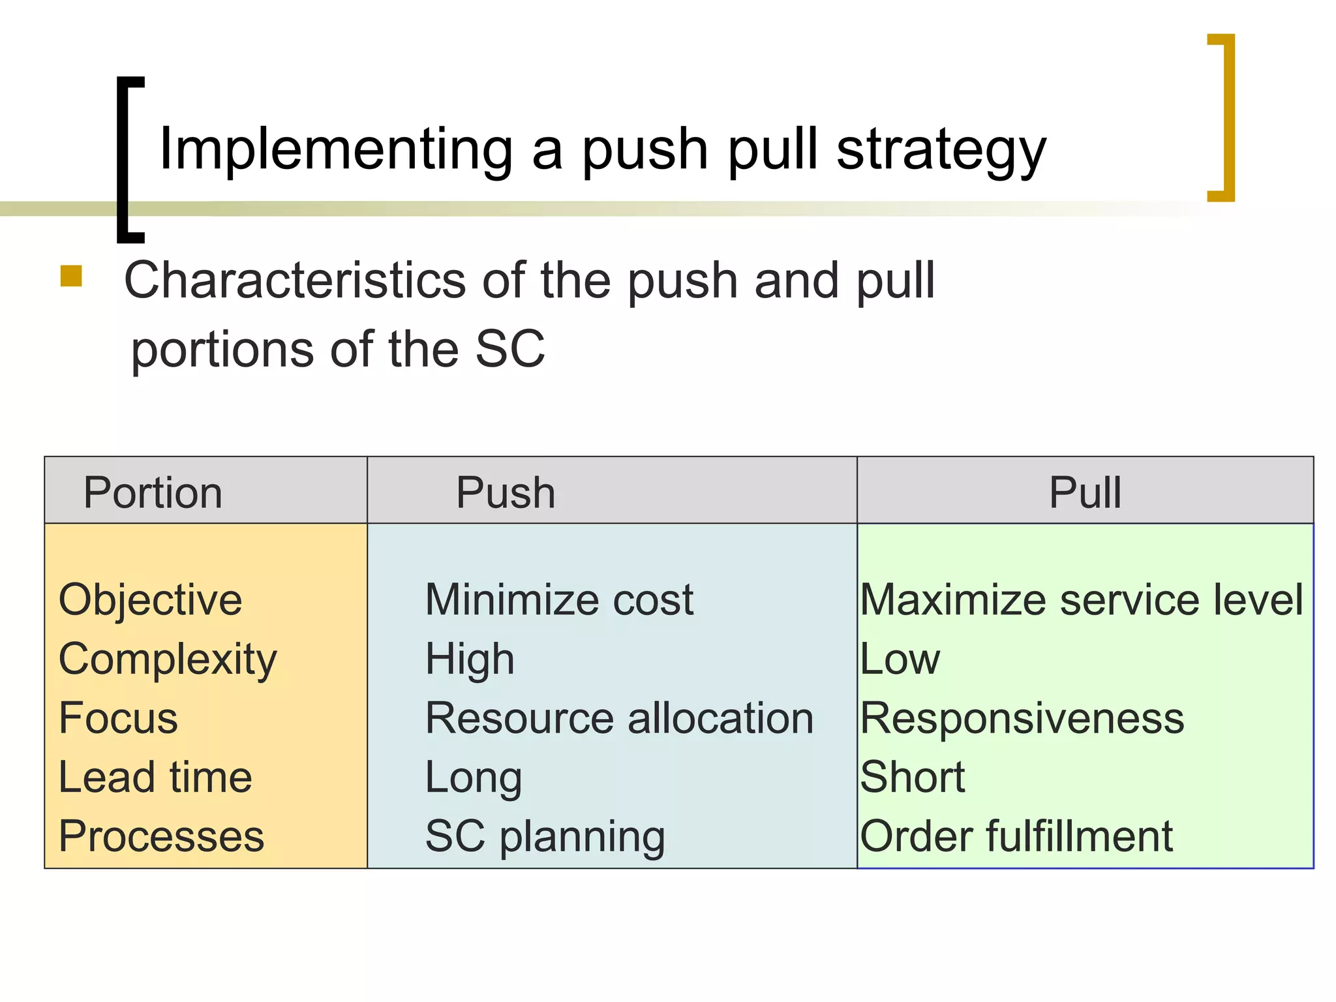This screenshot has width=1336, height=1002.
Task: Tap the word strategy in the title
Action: [x=941, y=150]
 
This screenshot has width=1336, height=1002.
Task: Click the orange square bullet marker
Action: [x=71, y=276]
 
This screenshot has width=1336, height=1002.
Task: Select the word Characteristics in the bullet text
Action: [x=294, y=281]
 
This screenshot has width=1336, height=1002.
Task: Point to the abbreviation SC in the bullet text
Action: [x=509, y=350]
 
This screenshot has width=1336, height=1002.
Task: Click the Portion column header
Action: [x=153, y=493]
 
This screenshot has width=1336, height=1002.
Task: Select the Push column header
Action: [x=506, y=493]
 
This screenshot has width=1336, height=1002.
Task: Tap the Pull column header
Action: [x=1085, y=493]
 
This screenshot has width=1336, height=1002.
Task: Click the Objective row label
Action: [x=150, y=600]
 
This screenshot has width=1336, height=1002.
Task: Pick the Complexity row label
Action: [x=168, y=660]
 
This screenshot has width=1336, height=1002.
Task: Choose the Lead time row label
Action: [x=155, y=777]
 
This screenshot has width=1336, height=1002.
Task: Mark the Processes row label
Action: [x=161, y=836]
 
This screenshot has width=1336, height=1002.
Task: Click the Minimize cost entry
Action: [x=559, y=600]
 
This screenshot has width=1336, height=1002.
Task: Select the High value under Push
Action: [x=470, y=660]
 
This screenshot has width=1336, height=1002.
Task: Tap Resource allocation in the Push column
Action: [x=619, y=718]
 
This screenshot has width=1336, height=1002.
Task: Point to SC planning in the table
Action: [x=545, y=836]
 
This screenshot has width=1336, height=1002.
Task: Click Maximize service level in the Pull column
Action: [x=1082, y=600]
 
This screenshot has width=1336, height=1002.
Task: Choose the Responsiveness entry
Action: [x=1022, y=718]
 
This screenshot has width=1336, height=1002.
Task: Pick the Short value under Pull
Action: [x=912, y=777]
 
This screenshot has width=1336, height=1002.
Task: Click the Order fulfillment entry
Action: [x=1016, y=836]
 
